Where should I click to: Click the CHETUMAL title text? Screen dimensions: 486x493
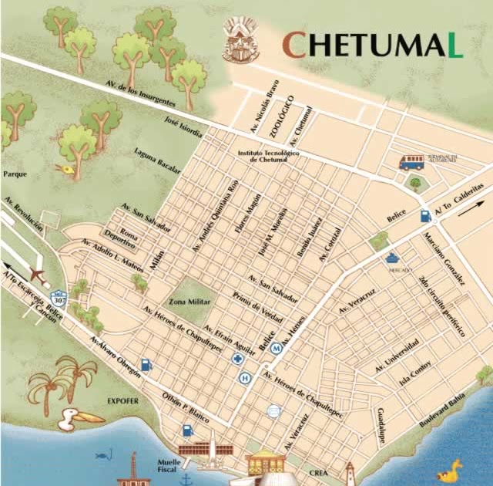(372, 46)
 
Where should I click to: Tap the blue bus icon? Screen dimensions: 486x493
(411, 162)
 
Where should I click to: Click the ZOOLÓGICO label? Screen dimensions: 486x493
(282, 116)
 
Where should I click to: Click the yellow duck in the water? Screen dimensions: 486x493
(449, 468)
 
